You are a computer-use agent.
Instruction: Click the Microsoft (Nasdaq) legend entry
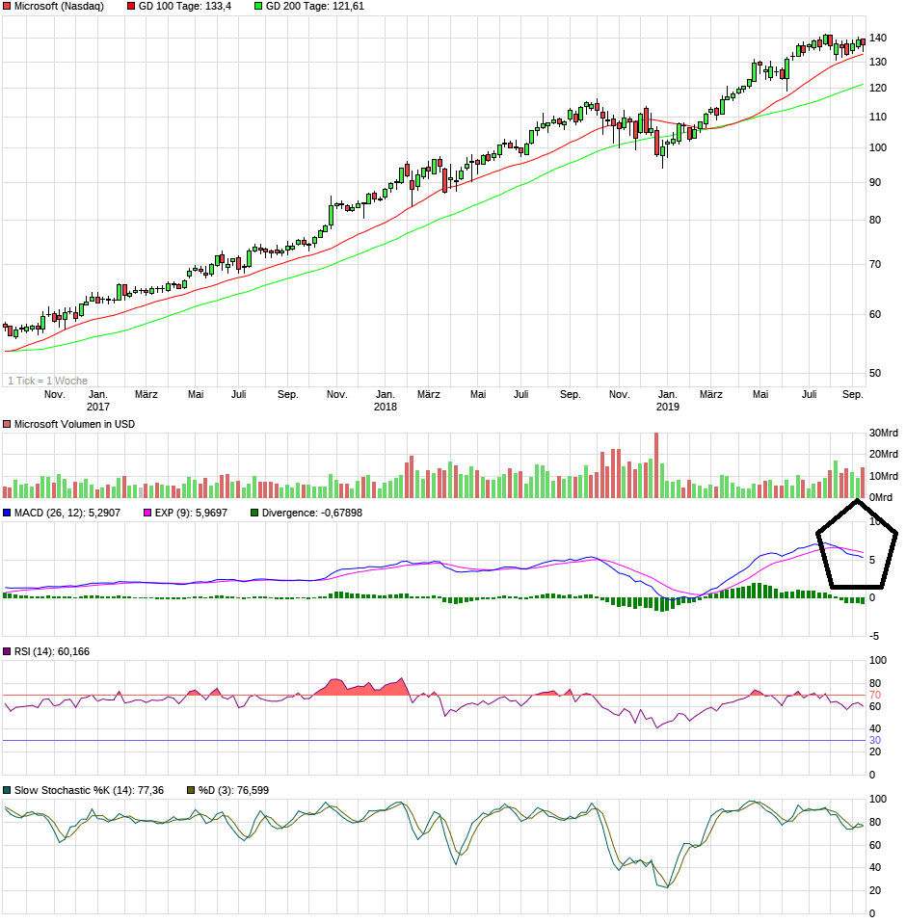click(58, 7)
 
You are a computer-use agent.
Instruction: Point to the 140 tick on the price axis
click(877, 39)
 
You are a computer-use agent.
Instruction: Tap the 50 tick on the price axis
click(874, 373)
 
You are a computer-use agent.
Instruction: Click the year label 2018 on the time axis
click(386, 407)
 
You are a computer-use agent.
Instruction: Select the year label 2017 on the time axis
click(98, 407)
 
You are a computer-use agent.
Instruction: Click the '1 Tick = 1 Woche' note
click(47, 381)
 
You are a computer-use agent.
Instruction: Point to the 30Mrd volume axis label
click(883, 433)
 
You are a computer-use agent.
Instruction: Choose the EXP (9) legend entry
click(190, 513)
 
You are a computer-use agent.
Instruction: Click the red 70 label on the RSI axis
click(875, 695)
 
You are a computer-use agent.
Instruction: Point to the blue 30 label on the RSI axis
click(875, 740)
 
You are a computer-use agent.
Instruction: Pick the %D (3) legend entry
click(232, 790)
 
